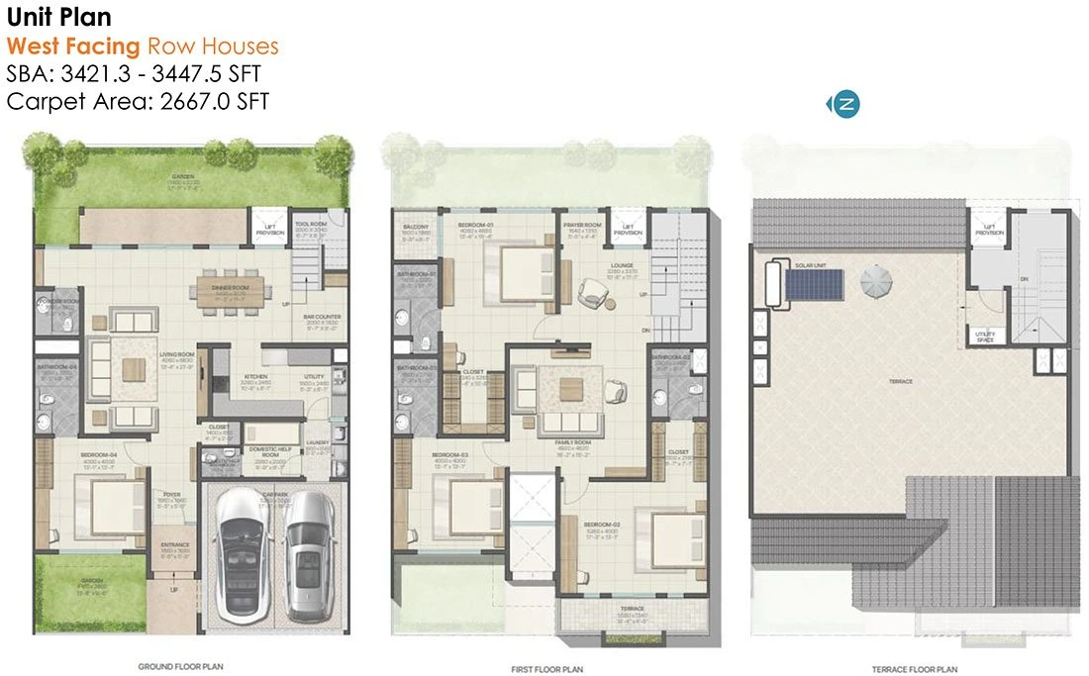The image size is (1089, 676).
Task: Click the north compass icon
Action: [846, 104]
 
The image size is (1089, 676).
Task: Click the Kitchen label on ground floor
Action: [256, 376]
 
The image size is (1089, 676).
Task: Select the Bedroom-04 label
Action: [99, 455]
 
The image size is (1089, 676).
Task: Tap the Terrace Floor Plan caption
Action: [913, 669]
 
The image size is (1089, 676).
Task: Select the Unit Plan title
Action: [58, 17]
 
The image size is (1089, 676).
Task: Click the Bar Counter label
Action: [322, 318]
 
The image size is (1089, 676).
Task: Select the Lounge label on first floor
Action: [622, 265]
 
